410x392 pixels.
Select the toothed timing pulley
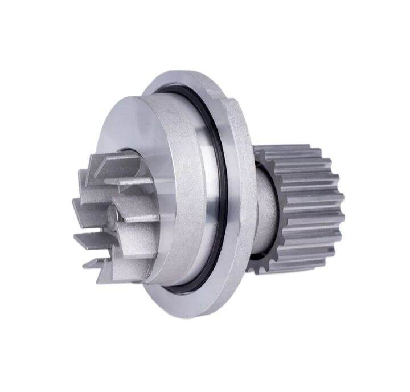(x=302, y=205)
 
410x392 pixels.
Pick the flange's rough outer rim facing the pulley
(x=242, y=188)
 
